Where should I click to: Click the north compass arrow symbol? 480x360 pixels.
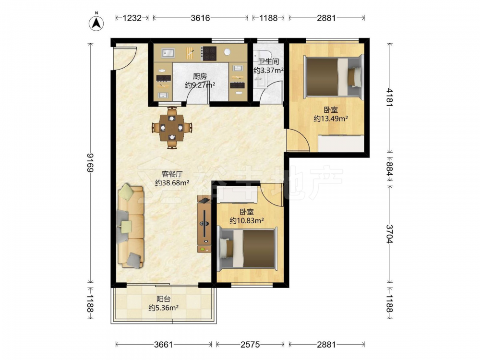coord(96,23)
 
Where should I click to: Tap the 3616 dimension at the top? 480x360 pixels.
coord(201,18)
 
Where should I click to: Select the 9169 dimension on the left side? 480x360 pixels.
coord(90,163)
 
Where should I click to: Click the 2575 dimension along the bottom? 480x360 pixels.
coord(250,345)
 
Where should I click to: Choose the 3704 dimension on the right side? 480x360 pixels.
coord(389,234)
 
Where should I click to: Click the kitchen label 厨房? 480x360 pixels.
coord(200,76)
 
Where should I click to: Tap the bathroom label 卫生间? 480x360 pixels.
coord(268,61)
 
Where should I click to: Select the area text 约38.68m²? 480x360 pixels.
coord(172,183)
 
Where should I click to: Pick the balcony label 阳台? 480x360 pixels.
coord(164,299)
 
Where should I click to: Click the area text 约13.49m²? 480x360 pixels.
coord(331,119)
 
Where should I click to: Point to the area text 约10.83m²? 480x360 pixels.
coord(247,220)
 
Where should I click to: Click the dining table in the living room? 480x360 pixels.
coord(172,127)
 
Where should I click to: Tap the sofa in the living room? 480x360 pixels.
coord(131,226)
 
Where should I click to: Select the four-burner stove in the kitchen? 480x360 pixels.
coord(209,53)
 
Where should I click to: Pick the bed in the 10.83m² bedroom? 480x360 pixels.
coord(247,249)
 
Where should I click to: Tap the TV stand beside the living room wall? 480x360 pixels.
coord(204,224)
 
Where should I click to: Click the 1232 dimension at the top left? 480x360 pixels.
coord(132,18)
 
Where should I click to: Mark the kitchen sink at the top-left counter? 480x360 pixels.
coord(168,53)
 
